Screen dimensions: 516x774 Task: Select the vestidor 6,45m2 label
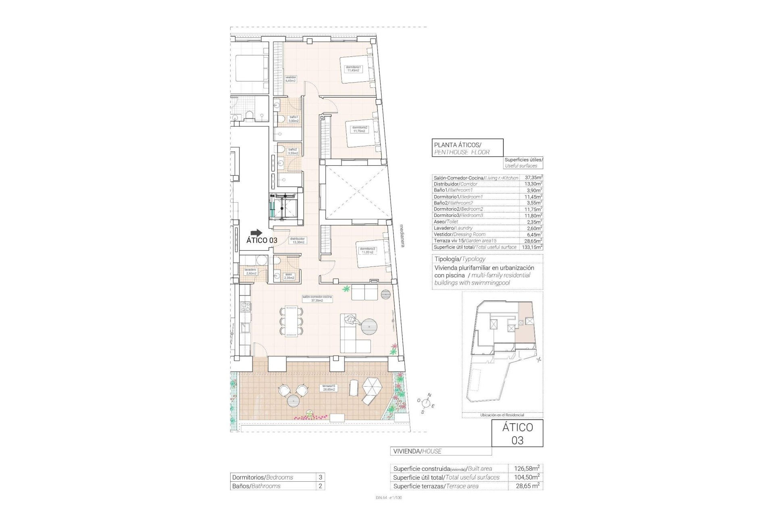[x=291, y=79]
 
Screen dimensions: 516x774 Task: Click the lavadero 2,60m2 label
[x=250, y=271]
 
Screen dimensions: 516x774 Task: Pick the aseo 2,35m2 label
[x=289, y=276]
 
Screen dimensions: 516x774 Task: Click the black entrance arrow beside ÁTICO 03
[x=256, y=233]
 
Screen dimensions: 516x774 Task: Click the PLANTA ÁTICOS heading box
[x=467, y=148]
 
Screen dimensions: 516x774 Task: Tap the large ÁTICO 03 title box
[x=517, y=434]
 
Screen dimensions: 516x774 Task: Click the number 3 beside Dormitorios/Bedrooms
[x=320, y=477]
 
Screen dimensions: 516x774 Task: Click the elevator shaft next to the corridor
[x=285, y=206]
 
